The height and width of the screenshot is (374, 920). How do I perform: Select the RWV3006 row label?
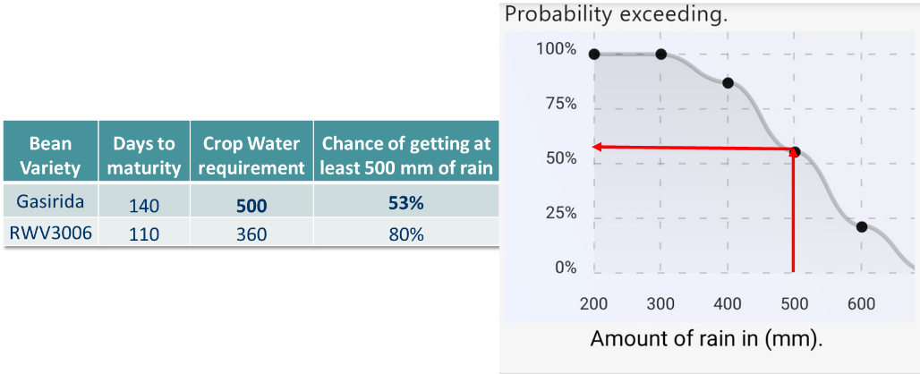point(50,233)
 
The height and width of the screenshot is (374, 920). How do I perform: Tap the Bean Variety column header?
point(50,156)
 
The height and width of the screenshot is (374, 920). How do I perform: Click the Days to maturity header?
point(144,156)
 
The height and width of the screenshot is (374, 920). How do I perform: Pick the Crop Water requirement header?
point(251,156)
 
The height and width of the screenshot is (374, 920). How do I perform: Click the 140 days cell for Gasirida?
point(144,205)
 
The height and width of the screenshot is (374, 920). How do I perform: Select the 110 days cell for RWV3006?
point(144,234)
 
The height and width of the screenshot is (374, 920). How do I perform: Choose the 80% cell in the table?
point(406,234)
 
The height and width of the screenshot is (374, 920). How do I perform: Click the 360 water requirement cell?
point(251,234)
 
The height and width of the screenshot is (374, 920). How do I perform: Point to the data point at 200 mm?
point(594,55)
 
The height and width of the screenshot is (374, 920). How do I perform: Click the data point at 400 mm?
point(728,82)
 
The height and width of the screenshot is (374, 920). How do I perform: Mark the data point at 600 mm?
point(861,227)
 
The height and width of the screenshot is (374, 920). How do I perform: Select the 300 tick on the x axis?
point(660,303)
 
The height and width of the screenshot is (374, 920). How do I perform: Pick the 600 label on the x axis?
point(861,303)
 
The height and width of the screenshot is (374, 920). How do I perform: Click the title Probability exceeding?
point(617,14)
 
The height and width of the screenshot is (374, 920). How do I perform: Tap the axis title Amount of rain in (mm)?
point(707,339)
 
